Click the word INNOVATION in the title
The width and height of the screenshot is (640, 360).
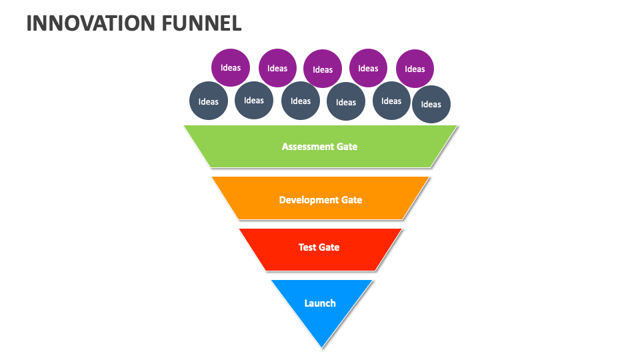coord(90,23)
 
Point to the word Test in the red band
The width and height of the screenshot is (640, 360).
coord(307,247)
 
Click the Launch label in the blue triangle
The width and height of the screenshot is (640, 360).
coord(320,303)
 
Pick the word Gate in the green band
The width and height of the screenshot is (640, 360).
coord(346,147)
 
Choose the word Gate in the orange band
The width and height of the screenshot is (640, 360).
coord(351,200)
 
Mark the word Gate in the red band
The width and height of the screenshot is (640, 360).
coord(329,247)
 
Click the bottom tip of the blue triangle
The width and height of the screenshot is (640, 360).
coord(322,346)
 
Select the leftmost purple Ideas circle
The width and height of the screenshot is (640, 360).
coord(231,68)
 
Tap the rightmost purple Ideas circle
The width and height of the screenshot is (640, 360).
coord(415,69)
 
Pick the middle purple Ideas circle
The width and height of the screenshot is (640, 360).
coord(323,69)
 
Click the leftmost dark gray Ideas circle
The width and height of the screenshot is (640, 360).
coord(209,101)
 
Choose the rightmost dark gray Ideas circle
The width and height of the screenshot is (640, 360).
coord(431,104)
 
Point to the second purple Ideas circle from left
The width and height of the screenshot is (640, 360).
coord(277,68)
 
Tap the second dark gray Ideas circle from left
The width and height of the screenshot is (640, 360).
coord(254,101)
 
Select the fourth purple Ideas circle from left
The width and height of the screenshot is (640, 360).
coord(368,68)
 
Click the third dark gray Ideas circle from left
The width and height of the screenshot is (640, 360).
coord(301,101)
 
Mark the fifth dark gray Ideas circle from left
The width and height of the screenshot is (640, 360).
coord(391,101)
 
